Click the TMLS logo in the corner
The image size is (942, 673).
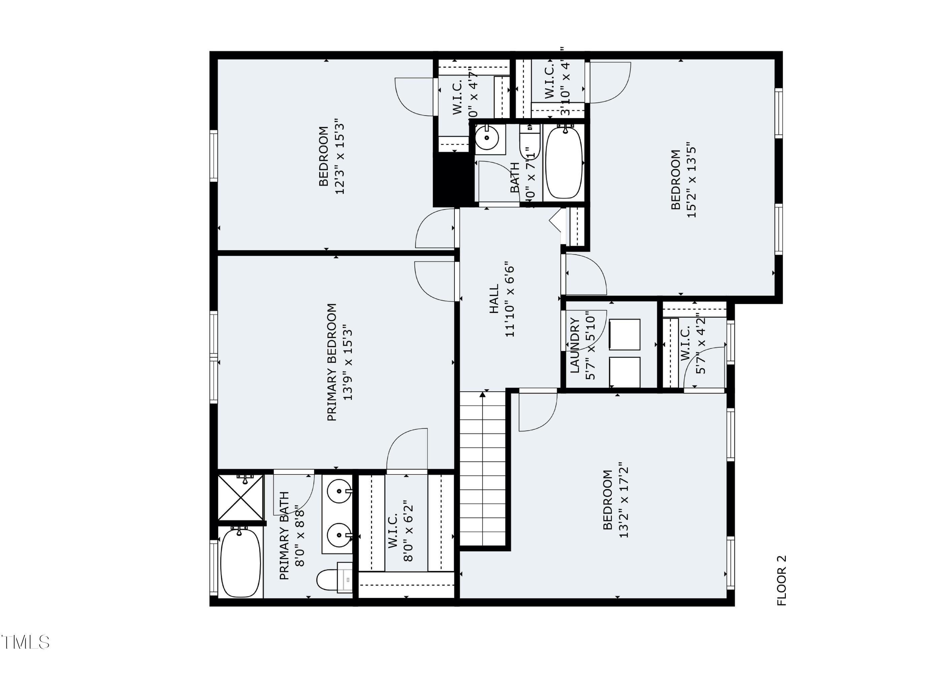(x=25, y=642)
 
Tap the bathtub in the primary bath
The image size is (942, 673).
(x=240, y=563)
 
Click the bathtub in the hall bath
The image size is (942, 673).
(x=564, y=163)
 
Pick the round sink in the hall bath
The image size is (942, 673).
(x=486, y=138)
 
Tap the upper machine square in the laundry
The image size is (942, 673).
(x=624, y=334)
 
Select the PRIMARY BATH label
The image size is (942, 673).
(x=284, y=535)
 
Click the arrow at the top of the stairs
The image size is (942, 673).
(x=482, y=394)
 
